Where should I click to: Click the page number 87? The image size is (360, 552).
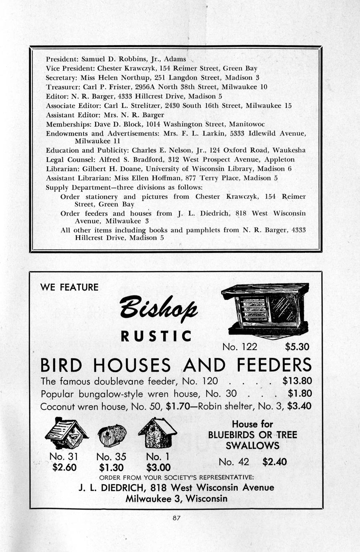click(x=177, y=518)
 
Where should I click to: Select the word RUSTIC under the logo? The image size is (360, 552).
click(x=156, y=336)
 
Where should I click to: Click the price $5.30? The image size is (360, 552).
click(x=297, y=346)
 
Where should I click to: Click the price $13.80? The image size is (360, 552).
click(x=297, y=380)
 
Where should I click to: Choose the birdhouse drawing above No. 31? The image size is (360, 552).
click(x=66, y=434)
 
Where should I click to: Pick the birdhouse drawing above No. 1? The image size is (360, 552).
click(x=157, y=433)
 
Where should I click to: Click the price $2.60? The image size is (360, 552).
click(x=64, y=467)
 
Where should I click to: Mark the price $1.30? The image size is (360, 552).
click(x=111, y=467)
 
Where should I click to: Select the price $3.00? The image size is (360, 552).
click(x=158, y=467)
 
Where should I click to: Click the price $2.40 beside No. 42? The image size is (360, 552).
click(x=274, y=462)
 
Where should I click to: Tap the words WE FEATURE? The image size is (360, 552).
click(x=69, y=287)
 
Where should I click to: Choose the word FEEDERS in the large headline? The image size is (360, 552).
click(x=274, y=365)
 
